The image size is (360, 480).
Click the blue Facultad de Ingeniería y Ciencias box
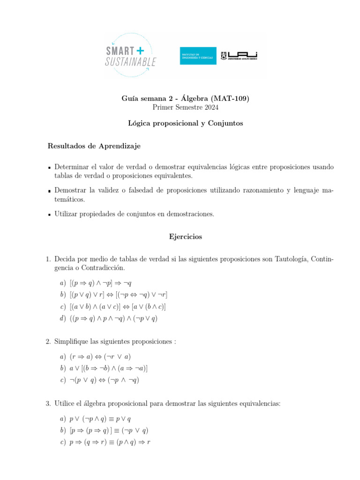click(198, 56)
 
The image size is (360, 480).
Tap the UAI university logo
click(242, 56)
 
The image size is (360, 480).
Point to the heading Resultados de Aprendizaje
click(94, 146)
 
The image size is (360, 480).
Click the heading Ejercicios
click(186, 237)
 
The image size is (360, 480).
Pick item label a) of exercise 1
click(63, 283)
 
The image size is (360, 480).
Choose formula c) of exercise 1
click(118, 307)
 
